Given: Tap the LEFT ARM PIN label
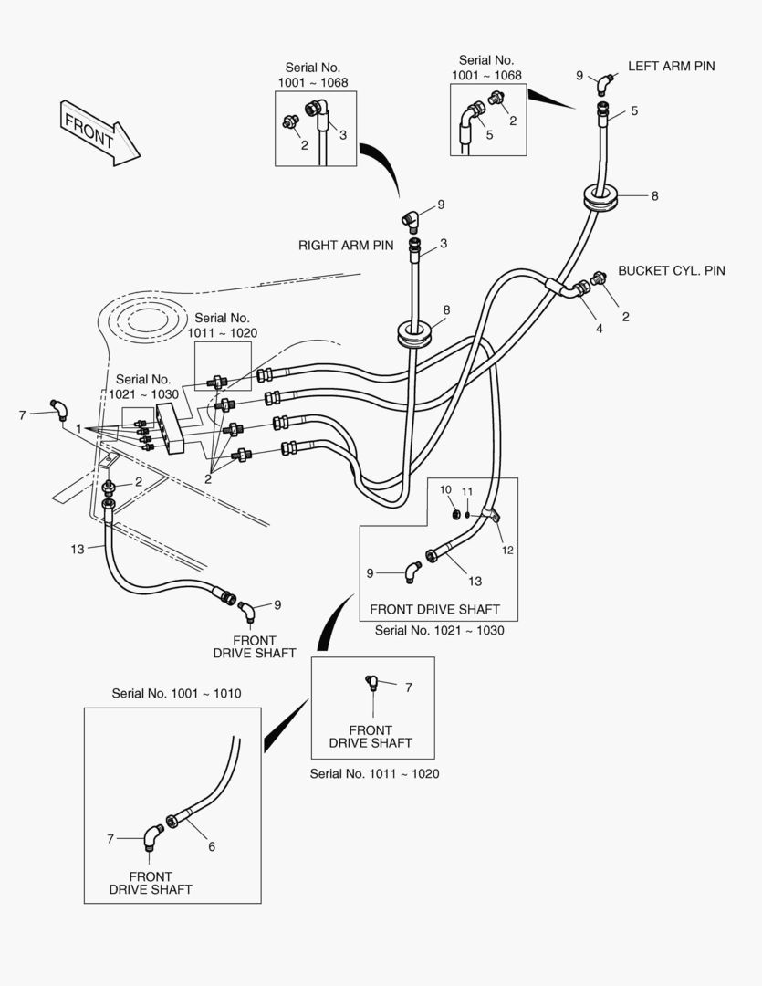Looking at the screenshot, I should [x=671, y=67].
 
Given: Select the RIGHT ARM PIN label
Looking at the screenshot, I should [x=346, y=246].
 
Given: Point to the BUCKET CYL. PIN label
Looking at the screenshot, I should [x=672, y=271].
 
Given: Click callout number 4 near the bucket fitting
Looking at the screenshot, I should [x=600, y=329].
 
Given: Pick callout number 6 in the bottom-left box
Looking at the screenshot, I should [x=212, y=846].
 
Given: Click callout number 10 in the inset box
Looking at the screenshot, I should [x=446, y=490].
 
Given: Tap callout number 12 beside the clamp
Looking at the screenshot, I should [x=507, y=550].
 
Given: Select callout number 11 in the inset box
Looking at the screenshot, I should [x=466, y=491].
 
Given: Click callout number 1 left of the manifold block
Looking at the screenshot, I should [x=79, y=428].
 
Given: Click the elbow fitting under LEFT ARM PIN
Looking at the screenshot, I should [x=605, y=83].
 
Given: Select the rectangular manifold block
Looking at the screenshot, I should [x=172, y=429].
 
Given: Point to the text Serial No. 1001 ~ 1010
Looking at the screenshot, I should [x=176, y=694].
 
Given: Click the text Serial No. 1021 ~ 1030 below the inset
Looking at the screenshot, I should [x=439, y=630].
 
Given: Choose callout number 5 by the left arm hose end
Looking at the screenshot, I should [x=633, y=111].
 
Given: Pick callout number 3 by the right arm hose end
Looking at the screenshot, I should [x=443, y=243].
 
